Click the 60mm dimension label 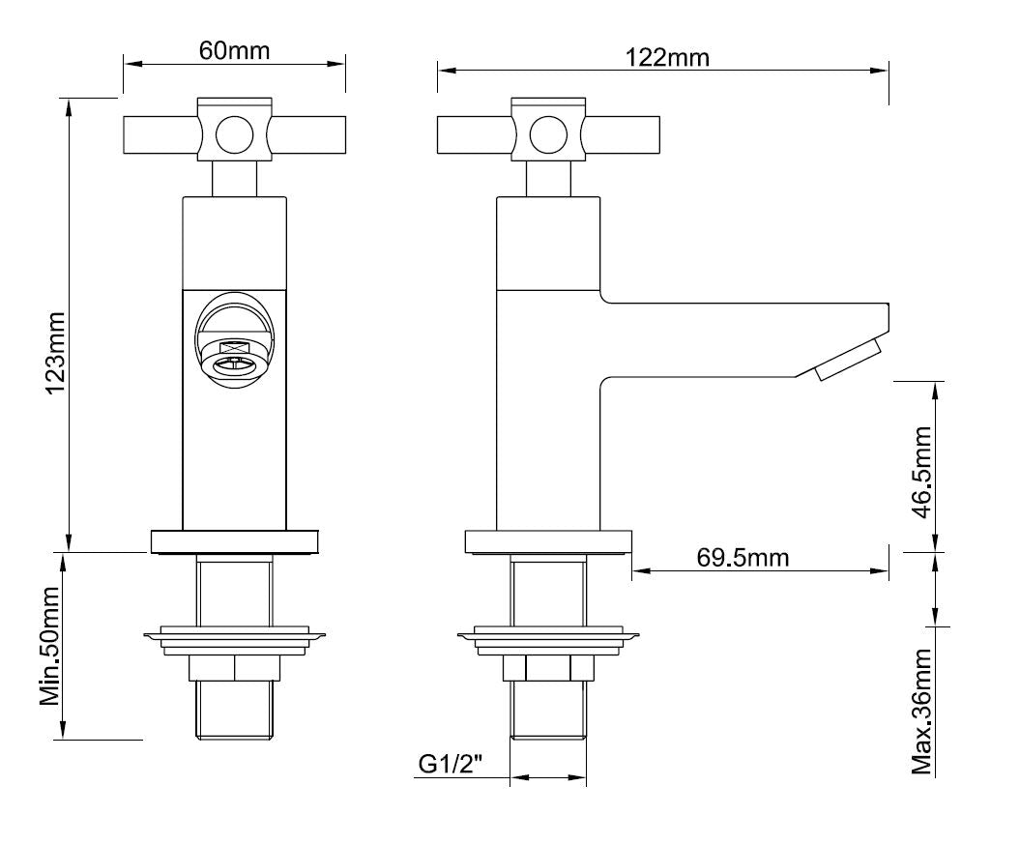(234, 50)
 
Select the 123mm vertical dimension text (54, 352)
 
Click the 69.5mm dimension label (743, 558)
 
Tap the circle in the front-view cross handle (233, 135)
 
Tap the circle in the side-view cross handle (548, 135)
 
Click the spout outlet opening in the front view (234, 364)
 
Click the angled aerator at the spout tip (847, 359)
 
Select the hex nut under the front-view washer (234, 669)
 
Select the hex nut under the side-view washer (548, 669)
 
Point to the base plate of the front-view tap (234, 541)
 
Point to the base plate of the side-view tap (548, 541)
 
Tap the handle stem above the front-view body (234, 179)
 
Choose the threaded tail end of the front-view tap (234, 711)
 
